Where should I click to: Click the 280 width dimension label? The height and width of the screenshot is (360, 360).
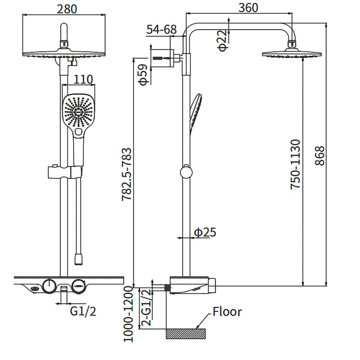click(x=67, y=9)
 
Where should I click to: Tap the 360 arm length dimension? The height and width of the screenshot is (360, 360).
click(x=248, y=8)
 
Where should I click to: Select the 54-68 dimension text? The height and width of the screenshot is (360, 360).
click(x=162, y=29)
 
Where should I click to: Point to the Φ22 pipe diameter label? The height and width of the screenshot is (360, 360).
click(x=222, y=40)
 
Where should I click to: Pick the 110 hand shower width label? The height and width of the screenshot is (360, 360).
click(x=83, y=80)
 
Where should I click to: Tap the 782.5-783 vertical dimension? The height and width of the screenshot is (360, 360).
click(x=127, y=175)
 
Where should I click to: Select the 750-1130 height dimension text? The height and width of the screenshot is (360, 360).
click(x=295, y=164)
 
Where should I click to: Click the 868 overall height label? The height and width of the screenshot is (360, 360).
click(x=319, y=156)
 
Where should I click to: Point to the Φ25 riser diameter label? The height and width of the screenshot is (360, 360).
click(x=205, y=232)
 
